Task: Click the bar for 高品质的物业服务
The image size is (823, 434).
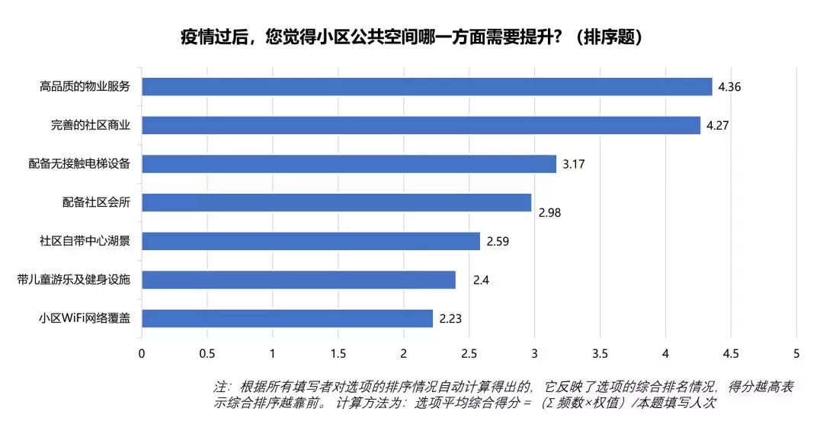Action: [427, 86]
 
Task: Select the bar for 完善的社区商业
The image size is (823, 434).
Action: [421, 125]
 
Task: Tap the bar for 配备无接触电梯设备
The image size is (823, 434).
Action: [349, 164]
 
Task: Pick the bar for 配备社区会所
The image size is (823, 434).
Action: [336, 202]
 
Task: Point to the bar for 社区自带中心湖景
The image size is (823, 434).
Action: [311, 241]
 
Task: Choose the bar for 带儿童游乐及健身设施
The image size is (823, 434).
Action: [299, 280]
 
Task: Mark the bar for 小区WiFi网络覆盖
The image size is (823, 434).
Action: [287, 319]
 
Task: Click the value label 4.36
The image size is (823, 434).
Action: [729, 86]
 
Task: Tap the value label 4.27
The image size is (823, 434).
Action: [718, 125]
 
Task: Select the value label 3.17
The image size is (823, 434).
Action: [573, 164]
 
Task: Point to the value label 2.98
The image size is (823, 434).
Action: [549, 213]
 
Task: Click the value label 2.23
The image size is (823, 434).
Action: [450, 319]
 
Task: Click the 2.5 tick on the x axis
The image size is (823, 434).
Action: [469, 354]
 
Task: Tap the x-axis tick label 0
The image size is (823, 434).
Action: [142, 354]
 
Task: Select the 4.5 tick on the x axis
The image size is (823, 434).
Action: [731, 354]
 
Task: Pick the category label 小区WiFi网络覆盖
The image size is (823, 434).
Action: [85, 319]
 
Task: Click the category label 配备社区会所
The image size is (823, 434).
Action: [97, 203]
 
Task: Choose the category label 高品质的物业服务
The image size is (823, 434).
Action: [85, 87]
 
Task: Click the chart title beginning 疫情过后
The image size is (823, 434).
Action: [411, 37]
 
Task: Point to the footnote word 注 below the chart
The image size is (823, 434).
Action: [219, 387]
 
